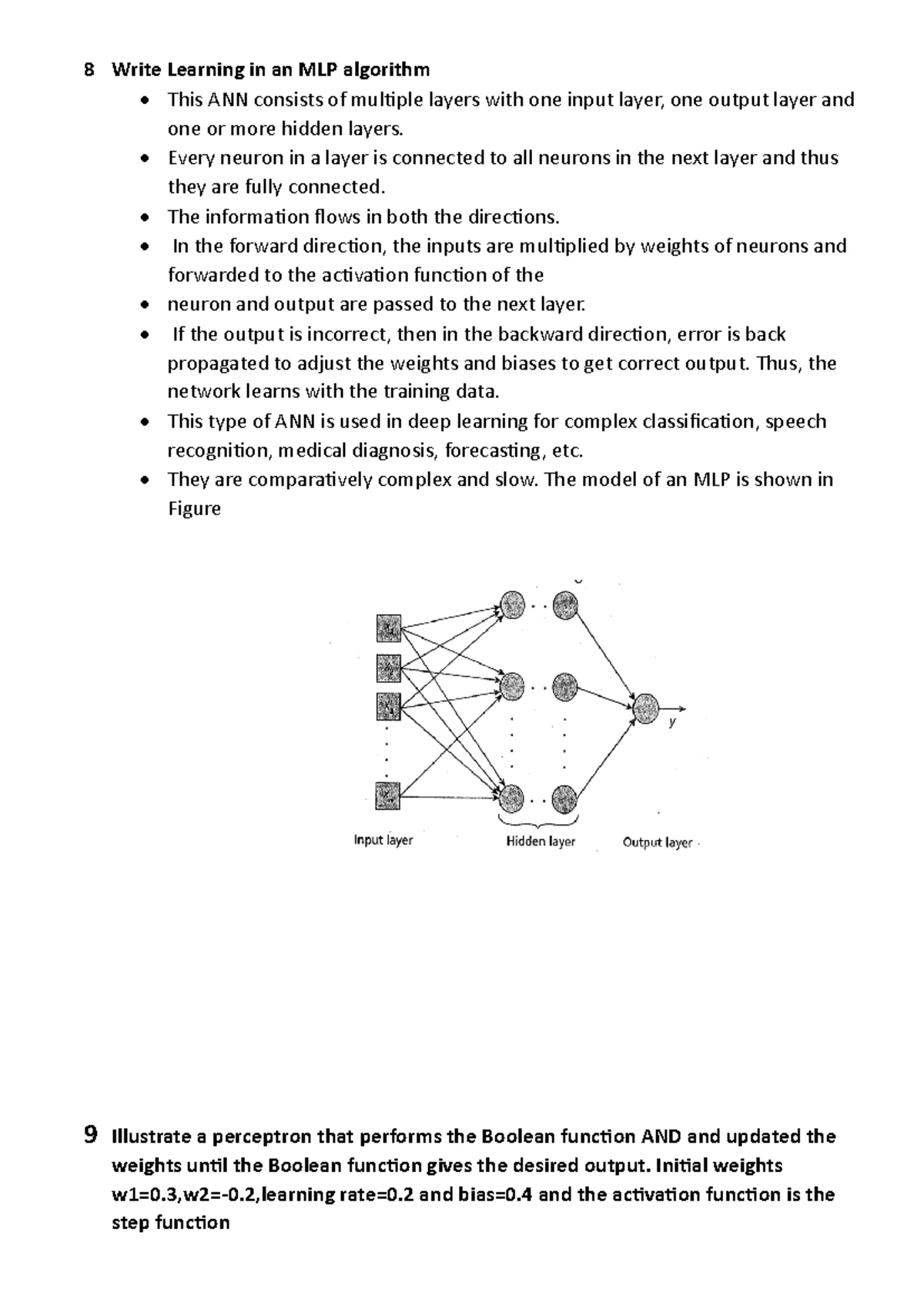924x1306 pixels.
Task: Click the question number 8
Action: pos(90,70)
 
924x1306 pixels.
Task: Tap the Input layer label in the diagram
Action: pos(383,839)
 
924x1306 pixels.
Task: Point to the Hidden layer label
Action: pos(541,841)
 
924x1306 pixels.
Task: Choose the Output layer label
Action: pos(657,842)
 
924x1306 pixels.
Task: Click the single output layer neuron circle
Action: pos(646,708)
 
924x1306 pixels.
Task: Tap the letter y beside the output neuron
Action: pos(672,722)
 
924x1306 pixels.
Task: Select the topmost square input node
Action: pos(389,628)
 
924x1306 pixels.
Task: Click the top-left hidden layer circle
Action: pos(512,604)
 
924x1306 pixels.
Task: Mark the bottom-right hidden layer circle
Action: pos(564,799)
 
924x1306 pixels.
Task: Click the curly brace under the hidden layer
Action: pos(538,822)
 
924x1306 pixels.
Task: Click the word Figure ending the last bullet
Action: pos(194,509)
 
